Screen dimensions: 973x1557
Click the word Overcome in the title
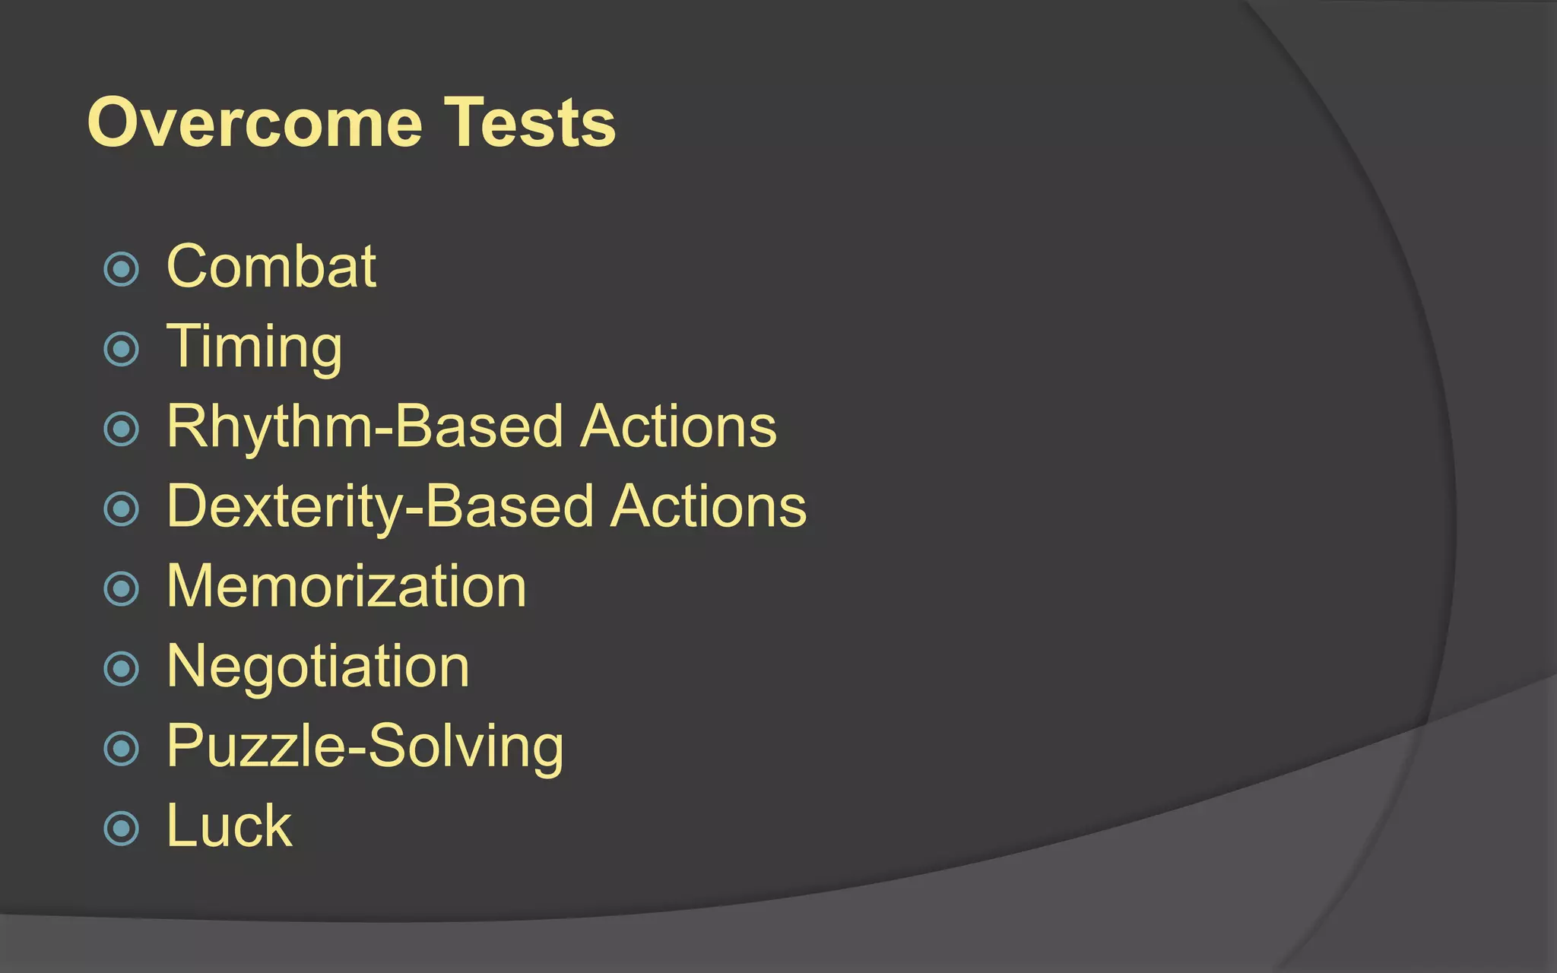click(x=255, y=123)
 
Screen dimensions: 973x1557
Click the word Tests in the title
click(x=529, y=123)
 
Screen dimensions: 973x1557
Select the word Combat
click(x=271, y=267)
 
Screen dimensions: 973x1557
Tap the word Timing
click(x=254, y=347)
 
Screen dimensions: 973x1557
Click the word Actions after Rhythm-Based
click(x=678, y=426)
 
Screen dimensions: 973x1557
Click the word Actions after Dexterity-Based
click(x=708, y=506)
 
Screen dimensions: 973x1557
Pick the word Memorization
click(x=346, y=586)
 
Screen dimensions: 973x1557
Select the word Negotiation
click(x=318, y=667)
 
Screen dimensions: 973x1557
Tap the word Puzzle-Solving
click(x=365, y=746)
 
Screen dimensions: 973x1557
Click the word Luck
click(x=229, y=826)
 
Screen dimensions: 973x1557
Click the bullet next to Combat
click(x=122, y=269)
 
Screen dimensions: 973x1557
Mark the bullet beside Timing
click(x=122, y=349)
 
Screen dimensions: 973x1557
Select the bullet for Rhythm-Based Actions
click(x=122, y=429)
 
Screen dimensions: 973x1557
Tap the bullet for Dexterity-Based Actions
click(x=122, y=509)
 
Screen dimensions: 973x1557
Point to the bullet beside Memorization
click(x=122, y=588)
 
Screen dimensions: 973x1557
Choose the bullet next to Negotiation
click(x=122, y=669)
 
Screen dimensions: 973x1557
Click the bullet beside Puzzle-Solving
click(x=122, y=749)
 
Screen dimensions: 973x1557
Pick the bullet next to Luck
click(x=122, y=828)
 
